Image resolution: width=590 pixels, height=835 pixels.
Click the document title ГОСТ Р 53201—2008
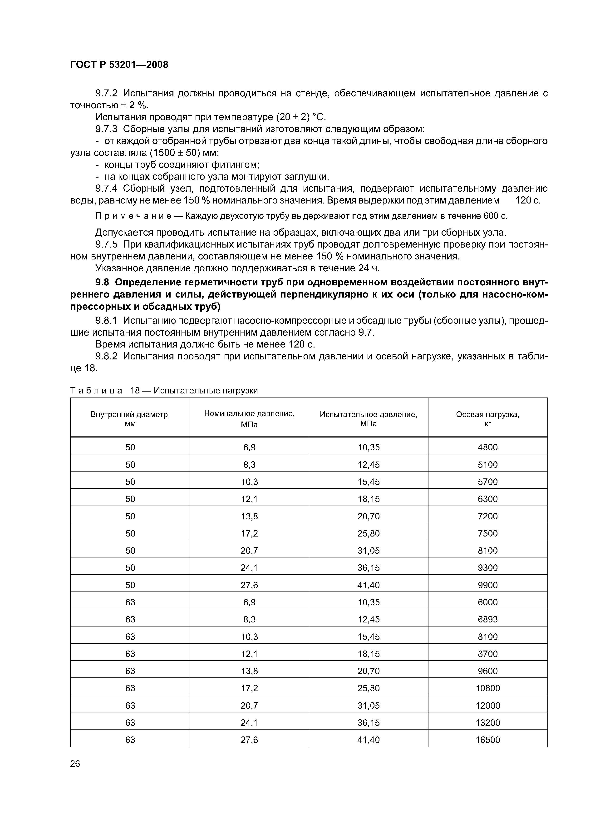pyautogui.click(x=119, y=65)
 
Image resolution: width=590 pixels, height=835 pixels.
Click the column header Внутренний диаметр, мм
pyautogui.click(x=130, y=419)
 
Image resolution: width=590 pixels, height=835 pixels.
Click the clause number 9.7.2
pyautogui.click(x=107, y=94)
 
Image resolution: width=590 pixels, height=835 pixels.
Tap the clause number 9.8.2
pyautogui.click(x=107, y=356)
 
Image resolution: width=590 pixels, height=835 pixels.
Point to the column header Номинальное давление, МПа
pyautogui.click(x=249, y=419)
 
